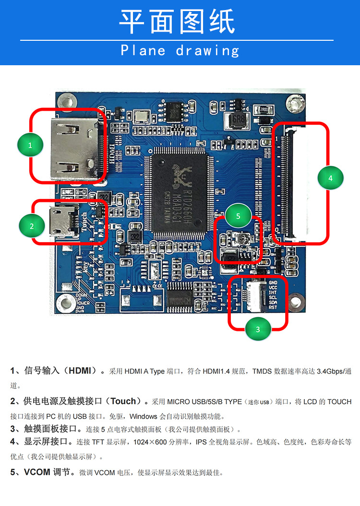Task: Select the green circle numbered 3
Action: click(x=258, y=329)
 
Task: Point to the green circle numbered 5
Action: click(x=238, y=216)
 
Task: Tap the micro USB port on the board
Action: click(x=62, y=221)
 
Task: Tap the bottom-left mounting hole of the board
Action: click(x=63, y=303)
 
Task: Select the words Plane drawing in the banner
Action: click(x=180, y=50)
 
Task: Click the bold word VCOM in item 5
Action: click(x=37, y=472)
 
